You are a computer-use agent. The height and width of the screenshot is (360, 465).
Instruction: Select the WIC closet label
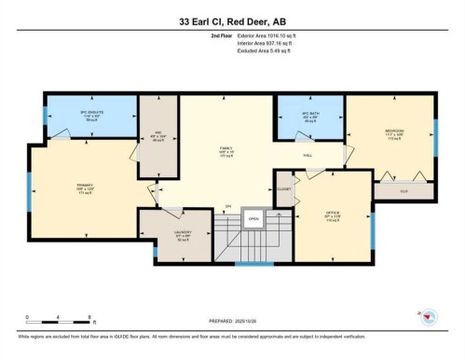tap(156, 131)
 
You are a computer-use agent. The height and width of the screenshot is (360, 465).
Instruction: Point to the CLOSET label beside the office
tap(283, 187)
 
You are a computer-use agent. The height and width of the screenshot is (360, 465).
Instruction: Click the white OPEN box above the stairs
tap(252, 221)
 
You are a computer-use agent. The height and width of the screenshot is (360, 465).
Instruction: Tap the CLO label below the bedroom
tap(403, 192)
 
